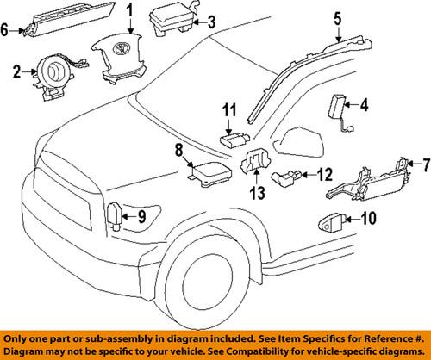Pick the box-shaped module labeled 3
click(x=172, y=19)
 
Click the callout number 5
click(x=337, y=16)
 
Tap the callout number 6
click(x=6, y=30)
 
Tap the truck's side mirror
click(x=298, y=137)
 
